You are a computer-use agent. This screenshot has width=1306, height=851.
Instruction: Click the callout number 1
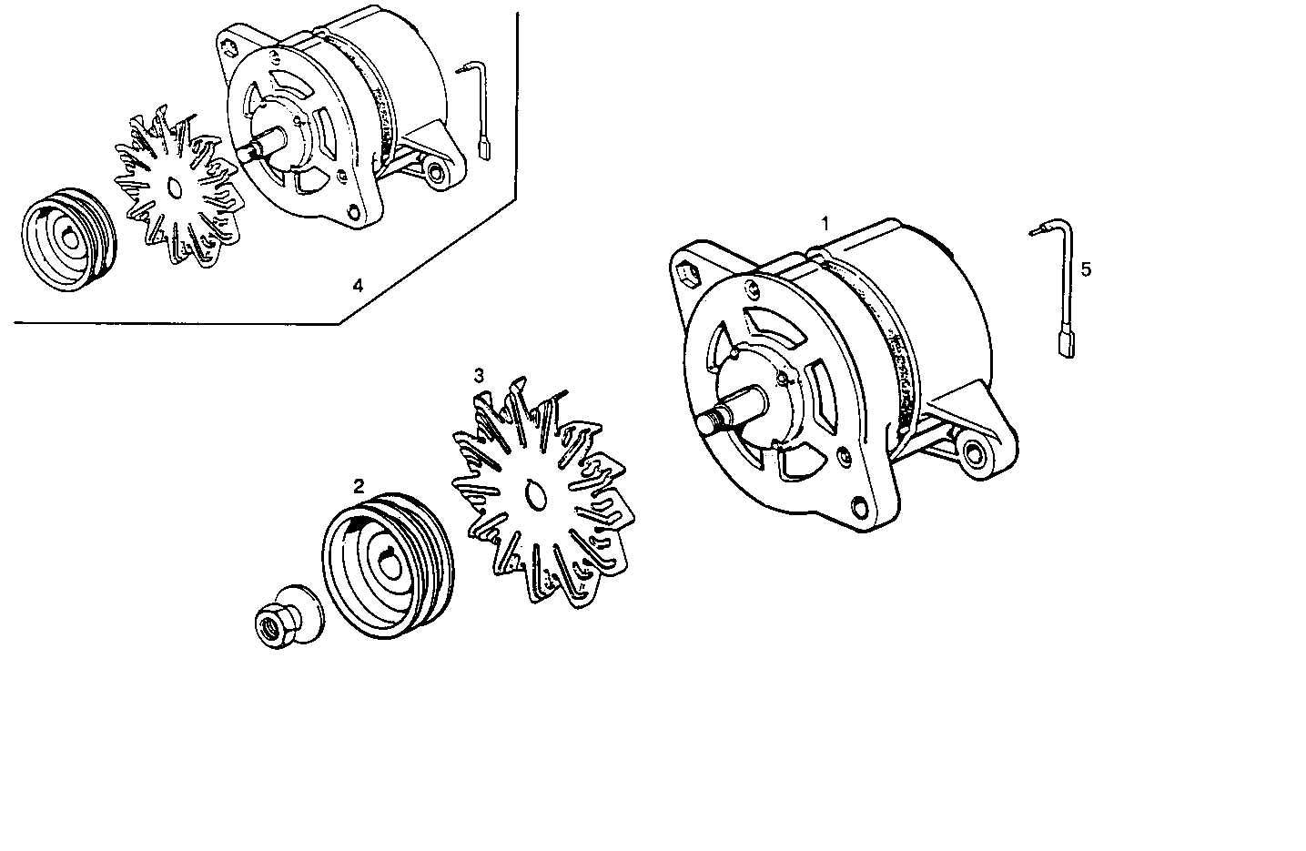tap(825, 223)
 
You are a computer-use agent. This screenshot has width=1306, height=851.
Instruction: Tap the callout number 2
tap(359, 486)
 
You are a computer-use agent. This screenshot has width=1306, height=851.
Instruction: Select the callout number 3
tap(479, 375)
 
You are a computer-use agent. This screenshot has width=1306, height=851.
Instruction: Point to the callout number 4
tap(358, 286)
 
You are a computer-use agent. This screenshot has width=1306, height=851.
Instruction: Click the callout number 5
tap(1086, 269)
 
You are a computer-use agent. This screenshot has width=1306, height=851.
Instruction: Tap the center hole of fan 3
tap(534, 494)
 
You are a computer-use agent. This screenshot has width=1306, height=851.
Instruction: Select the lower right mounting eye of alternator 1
tap(977, 452)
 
